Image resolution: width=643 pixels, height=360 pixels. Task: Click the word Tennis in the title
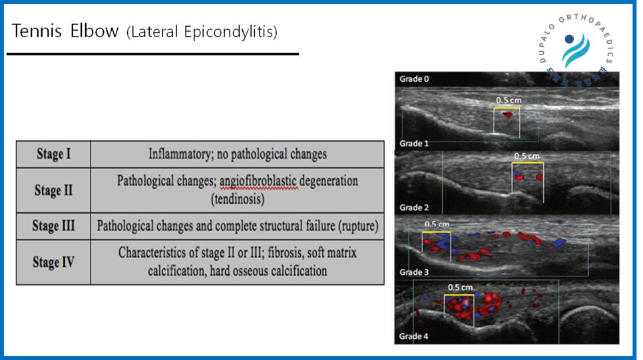(37, 31)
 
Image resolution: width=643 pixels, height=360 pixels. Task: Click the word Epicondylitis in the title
(231, 32)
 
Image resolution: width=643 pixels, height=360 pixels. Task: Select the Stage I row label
(54, 154)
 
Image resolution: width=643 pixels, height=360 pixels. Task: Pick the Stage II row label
(53, 190)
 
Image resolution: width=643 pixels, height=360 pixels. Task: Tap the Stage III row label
(53, 226)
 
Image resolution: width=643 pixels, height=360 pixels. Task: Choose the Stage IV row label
(53, 262)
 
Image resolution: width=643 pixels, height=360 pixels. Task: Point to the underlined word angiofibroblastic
(258, 181)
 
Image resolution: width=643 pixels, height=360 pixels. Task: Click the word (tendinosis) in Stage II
(238, 199)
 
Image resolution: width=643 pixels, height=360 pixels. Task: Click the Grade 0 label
(414, 79)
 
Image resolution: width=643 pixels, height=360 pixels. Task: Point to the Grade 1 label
(414, 144)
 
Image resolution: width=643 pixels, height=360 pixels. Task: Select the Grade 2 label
(414, 208)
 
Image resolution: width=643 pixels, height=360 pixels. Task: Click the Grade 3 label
(414, 272)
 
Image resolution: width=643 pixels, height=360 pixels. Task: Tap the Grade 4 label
(414, 336)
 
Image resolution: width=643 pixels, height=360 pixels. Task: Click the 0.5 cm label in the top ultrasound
(509, 100)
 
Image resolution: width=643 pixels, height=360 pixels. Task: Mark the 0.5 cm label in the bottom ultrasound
(460, 287)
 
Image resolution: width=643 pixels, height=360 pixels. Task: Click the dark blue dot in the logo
(569, 39)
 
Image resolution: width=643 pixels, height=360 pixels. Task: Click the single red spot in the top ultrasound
(508, 115)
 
